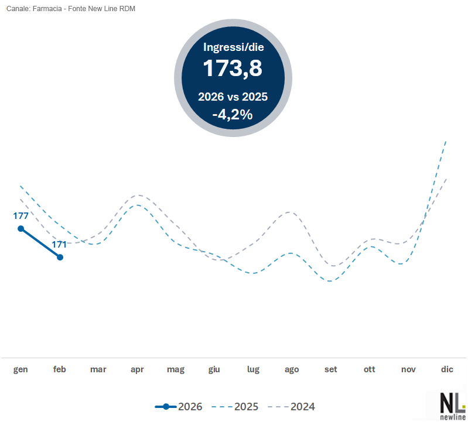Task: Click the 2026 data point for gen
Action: point(21,228)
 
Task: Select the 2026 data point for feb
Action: point(60,257)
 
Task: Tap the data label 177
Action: point(21,216)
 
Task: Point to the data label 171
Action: point(60,245)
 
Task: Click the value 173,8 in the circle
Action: point(233,68)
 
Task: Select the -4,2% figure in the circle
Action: point(233,115)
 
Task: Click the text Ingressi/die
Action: point(233,47)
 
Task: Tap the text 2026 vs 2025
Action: point(233,97)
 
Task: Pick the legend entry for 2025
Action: point(235,406)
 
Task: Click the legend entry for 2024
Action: point(291,406)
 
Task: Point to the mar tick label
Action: point(98,369)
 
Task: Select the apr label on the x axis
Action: point(137,369)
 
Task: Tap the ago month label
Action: point(292,369)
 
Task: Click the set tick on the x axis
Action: point(331,369)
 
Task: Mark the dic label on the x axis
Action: point(447,369)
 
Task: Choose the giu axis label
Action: point(214,369)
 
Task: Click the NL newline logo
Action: point(453,405)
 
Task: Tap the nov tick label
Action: point(408,369)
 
